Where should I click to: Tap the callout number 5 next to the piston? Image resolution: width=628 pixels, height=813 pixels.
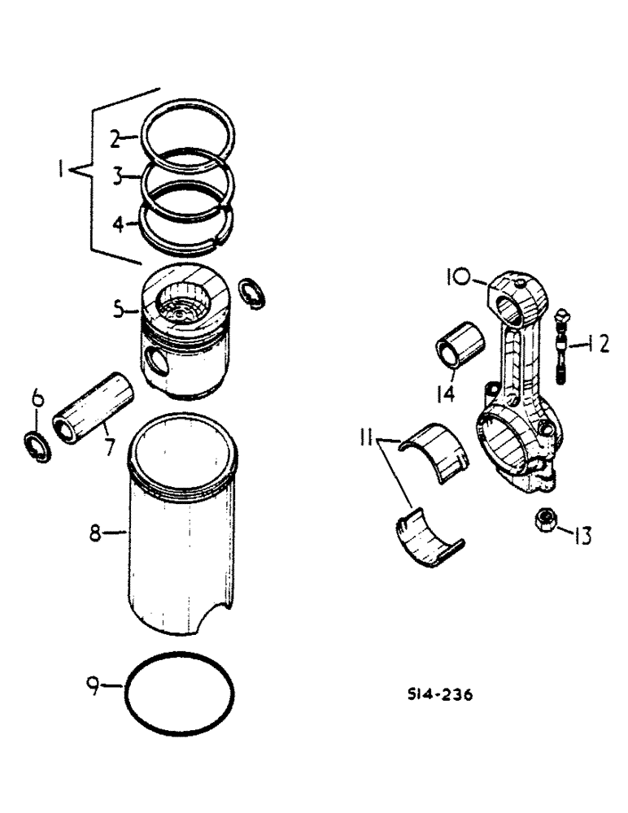120,308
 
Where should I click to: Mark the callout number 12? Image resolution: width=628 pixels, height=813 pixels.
599,345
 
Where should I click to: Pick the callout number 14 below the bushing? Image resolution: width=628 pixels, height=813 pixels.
443,394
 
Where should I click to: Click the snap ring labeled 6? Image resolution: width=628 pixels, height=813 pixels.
37,446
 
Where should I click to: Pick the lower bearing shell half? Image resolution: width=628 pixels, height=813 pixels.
426,536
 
